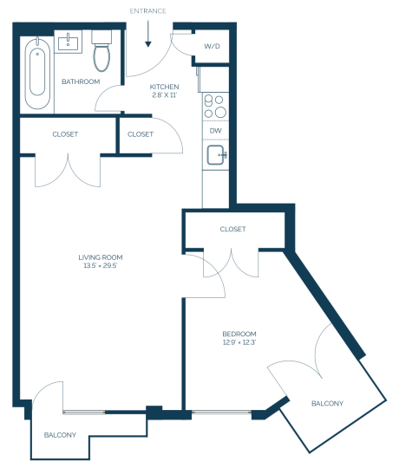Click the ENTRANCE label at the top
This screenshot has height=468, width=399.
point(147,11)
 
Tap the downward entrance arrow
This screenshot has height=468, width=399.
point(148,34)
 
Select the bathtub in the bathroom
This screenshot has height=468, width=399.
point(37,73)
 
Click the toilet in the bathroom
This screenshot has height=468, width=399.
point(101,51)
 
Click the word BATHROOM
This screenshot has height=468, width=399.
point(81,81)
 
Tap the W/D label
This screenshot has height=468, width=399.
point(212,46)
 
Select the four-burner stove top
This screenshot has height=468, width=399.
point(216,106)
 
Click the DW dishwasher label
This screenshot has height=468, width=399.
point(216,130)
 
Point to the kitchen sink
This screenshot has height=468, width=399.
point(217,154)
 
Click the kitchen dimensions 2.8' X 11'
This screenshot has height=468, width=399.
point(164,95)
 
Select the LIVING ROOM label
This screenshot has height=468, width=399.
point(101,257)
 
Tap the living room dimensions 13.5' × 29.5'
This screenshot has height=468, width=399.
point(101,265)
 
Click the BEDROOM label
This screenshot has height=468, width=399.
point(239,334)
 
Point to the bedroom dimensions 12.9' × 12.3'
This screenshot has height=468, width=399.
point(239,342)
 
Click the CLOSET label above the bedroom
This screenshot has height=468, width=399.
point(233,229)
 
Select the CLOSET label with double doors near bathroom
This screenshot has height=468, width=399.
point(65,134)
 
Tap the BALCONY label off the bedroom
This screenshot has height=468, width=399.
point(327,404)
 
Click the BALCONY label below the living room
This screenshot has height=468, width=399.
point(60,435)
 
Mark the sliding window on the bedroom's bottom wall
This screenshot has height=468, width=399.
point(221,413)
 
